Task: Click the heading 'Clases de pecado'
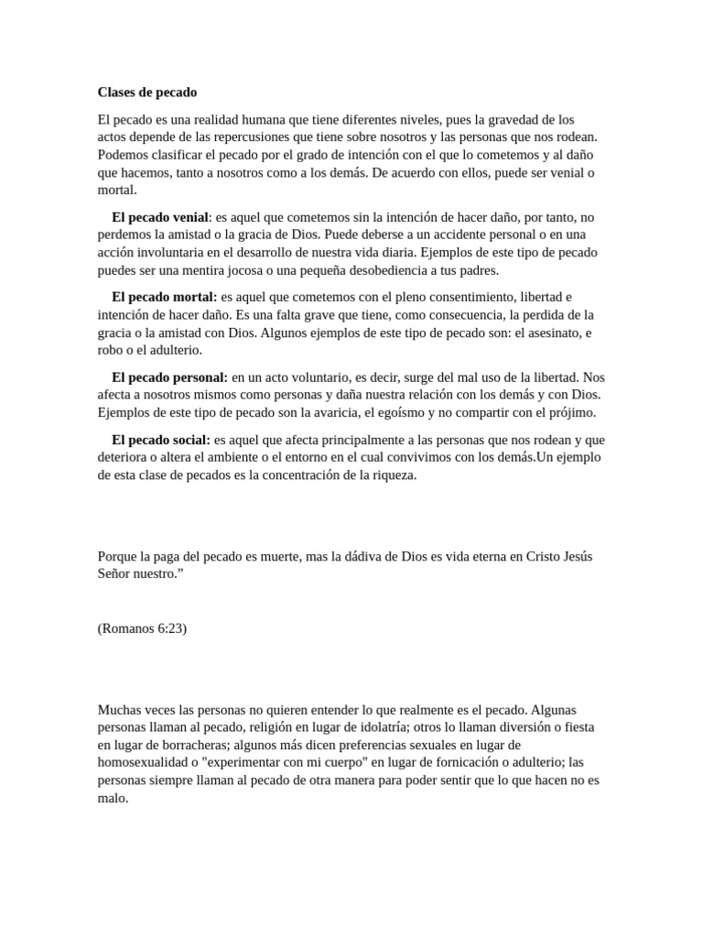146,93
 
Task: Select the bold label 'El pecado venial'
160,217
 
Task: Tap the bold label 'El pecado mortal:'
164,297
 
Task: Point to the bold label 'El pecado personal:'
169,376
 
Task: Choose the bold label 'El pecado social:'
161,440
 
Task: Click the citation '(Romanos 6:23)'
142,627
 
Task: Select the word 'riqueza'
393,474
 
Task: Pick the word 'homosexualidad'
146,762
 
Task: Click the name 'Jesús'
574,556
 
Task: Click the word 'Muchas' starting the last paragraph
120,710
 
